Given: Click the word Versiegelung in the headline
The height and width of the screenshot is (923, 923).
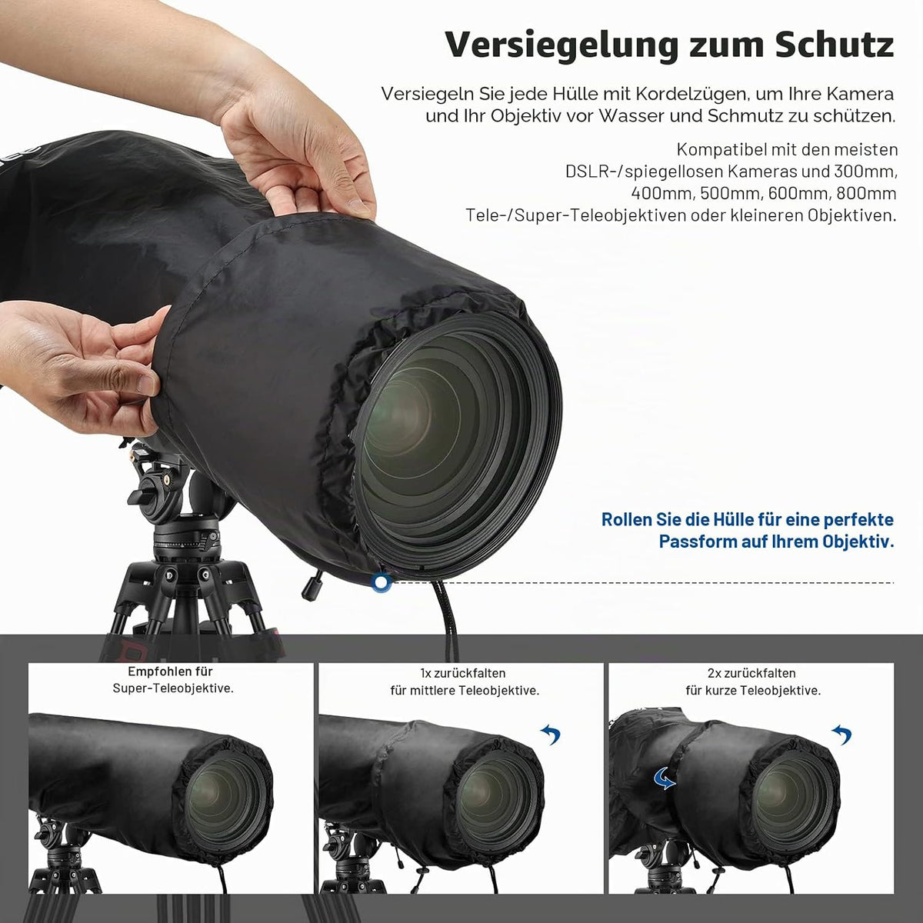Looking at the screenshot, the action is click(x=561, y=46).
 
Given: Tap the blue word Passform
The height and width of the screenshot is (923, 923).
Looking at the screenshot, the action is click(x=697, y=541).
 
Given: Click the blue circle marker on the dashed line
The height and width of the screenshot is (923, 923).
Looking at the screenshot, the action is click(x=382, y=583).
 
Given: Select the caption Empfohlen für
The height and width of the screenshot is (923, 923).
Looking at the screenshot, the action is click(x=170, y=671).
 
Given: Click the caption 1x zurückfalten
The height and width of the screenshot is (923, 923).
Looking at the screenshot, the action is click(x=463, y=673).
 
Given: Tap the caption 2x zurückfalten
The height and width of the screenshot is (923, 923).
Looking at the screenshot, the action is click(x=751, y=673).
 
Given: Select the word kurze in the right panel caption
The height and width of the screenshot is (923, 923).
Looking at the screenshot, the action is click(x=727, y=690).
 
